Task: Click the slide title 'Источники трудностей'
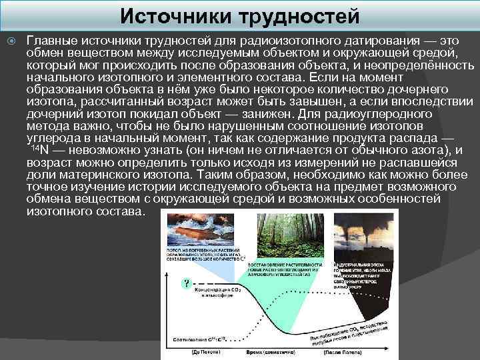240,15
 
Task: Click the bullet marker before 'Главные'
11,41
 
